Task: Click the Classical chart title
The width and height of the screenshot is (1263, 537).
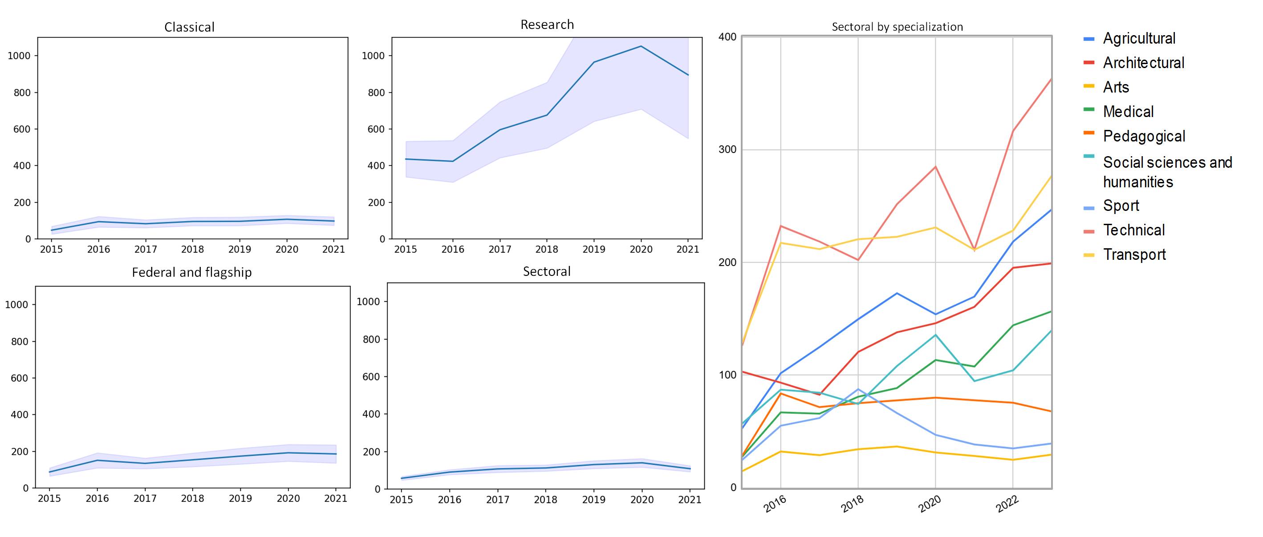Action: (189, 27)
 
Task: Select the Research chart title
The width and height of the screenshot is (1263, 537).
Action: (547, 24)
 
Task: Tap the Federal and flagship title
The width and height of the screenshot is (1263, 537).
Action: (192, 272)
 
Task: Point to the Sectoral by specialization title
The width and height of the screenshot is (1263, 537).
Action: (897, 27)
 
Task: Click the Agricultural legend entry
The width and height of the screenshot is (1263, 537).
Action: (1138, 38)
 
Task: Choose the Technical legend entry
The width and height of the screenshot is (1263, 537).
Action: (1133, 230)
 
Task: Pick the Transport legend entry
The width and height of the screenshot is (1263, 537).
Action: (1134, 254)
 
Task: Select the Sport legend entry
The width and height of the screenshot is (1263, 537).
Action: (1121, 205)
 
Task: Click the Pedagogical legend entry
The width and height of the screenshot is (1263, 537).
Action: (1144, 136)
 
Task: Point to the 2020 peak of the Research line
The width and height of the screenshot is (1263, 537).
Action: (641, 47)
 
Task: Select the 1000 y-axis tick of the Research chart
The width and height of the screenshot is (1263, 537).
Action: (373, 56)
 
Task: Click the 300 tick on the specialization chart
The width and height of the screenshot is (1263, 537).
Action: (727, 149)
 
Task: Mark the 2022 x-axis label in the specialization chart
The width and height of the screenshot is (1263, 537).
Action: (1007, 504)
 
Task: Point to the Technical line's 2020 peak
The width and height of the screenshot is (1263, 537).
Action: (935, 166)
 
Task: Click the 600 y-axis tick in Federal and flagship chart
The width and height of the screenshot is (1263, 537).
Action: (20, 378)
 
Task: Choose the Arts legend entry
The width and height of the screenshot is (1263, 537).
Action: (1116, 87)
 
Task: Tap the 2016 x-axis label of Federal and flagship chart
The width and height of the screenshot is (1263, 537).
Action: (97, 498)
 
